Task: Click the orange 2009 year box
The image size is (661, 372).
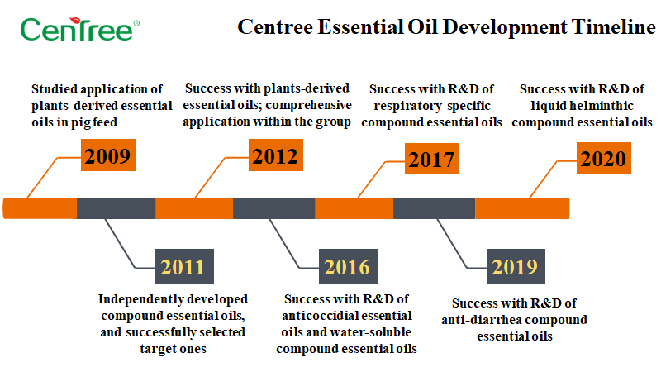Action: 108,155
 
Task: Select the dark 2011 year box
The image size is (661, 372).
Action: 184,266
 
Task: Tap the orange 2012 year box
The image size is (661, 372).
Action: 276,155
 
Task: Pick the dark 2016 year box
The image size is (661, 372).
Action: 348,266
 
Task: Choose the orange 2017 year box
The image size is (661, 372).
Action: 431,159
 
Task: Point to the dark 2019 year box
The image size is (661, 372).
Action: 516,266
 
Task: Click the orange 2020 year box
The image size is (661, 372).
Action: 604,158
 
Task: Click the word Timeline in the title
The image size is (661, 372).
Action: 613,27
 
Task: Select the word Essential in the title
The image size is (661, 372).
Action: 359,27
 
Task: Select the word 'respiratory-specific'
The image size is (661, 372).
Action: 432,106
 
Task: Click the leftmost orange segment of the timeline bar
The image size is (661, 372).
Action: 40,208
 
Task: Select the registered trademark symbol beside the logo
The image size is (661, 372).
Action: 136,24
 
